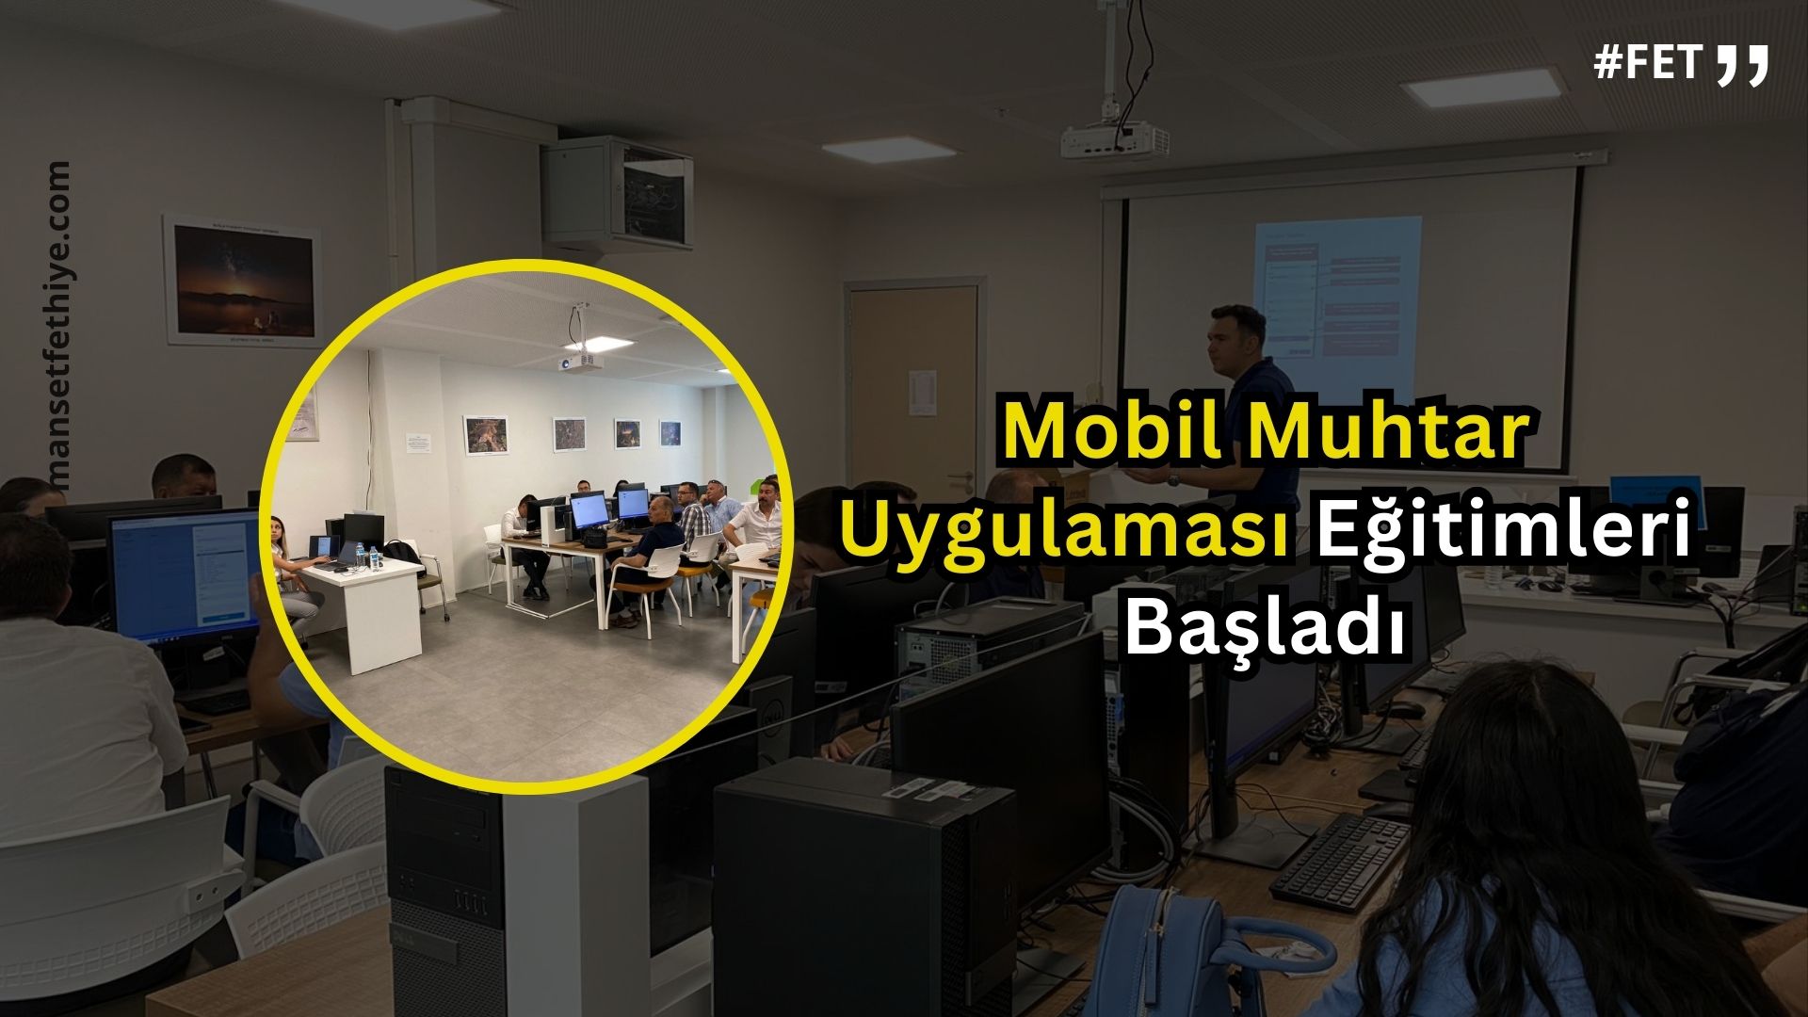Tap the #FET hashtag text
click(x=1648, y=63)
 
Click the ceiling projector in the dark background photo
click(x=1116, y=137)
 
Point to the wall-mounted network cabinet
click(x=618, y=191)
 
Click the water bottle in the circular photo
click(x=374, y=557)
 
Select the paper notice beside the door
click(x=922, y=393)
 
